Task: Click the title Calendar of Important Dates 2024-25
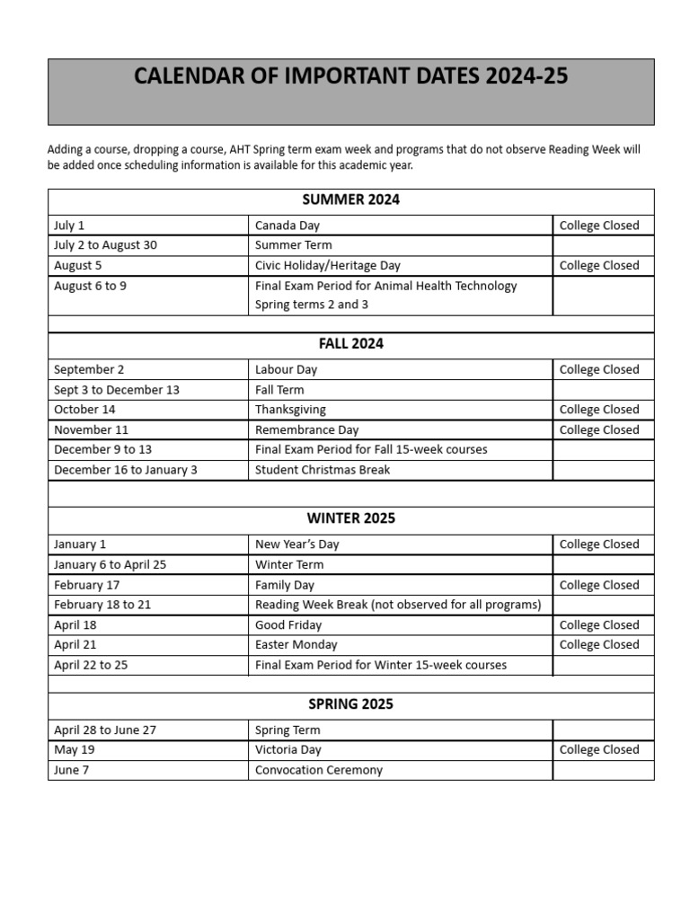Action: coord(350,76)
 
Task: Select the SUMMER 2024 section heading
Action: coord(350,199)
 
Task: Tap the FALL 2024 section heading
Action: coord(350,343)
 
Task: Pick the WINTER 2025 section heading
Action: coord(350,518)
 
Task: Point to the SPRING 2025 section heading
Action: coord(350,704)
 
